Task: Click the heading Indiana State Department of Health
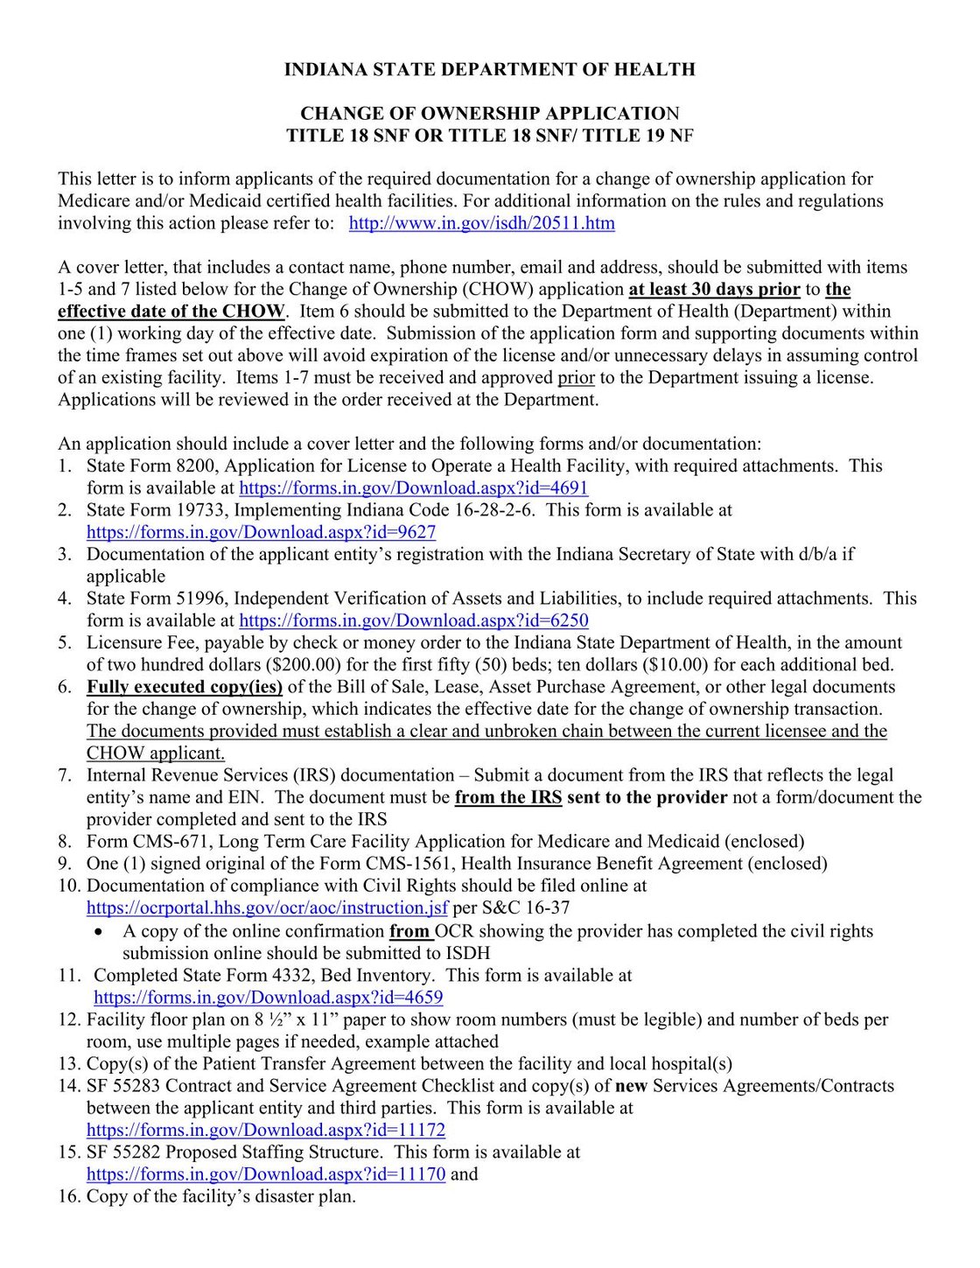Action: click(489, 70)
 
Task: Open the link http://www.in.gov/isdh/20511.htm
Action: click(481, 223)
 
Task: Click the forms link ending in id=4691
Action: click(413, 488)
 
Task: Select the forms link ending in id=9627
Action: click(261, 532)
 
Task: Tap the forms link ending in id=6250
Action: click(413, 620)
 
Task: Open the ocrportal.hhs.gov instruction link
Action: click(267, 908)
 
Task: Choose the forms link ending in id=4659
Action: click(268, 998)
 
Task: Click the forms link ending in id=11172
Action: click(265, 1130)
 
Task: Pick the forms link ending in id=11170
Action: click(265, 1174)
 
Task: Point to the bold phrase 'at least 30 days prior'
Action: click(714, 290)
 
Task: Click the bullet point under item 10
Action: click(105, 932)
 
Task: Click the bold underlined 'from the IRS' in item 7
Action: click(507, 797)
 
